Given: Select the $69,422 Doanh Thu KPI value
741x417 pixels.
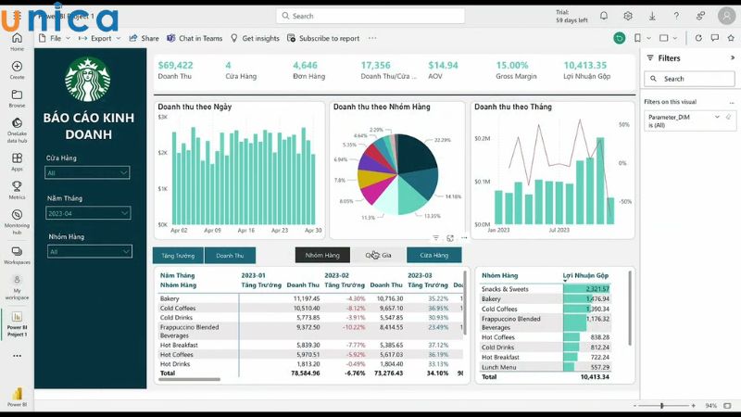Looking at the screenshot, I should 175,65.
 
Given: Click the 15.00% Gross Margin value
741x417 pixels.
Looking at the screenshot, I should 512,65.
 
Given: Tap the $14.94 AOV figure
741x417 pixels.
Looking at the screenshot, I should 443,65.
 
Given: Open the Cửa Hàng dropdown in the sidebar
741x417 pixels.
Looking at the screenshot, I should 87,173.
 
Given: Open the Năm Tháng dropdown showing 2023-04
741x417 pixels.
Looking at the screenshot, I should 87,213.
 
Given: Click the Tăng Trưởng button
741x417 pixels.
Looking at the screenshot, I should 178,255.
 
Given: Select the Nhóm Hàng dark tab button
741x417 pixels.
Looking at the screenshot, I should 322,255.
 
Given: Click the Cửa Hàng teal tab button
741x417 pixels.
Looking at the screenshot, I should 433,255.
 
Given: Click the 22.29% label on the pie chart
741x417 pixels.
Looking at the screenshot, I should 442,140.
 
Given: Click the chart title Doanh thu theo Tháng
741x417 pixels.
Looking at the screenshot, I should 513,107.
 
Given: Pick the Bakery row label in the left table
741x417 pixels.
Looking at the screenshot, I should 171,298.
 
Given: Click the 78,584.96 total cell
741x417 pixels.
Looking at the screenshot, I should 306,373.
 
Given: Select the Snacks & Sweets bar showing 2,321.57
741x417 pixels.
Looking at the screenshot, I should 586,289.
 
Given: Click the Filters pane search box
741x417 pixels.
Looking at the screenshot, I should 690,79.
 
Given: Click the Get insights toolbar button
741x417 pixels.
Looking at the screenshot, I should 255,38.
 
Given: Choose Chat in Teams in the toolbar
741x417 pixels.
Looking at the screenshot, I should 195,38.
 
